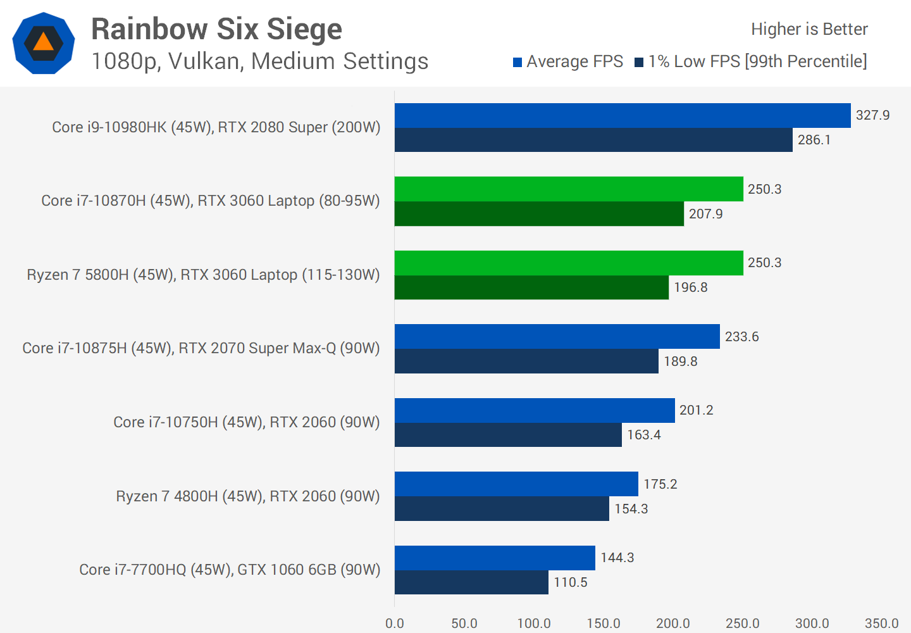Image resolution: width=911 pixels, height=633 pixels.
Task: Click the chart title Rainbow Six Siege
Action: coord(216,29)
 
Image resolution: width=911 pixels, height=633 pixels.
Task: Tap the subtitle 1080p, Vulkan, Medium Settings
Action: coord(259,61)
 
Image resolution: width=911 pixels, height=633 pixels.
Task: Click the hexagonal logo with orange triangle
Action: coord(44,43)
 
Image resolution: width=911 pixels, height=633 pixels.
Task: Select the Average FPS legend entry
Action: coord(567,61)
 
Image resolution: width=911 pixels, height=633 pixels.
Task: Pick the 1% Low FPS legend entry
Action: coord(750,61)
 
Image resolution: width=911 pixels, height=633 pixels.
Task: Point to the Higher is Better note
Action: coord(809,29)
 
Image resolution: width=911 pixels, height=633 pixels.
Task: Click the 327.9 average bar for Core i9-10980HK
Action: coord(623,116)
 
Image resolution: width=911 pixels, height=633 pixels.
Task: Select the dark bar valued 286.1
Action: coord(593,140)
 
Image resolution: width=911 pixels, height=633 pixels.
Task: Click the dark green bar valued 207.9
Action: coord(539,214)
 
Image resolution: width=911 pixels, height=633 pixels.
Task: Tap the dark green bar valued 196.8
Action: coord(531,287)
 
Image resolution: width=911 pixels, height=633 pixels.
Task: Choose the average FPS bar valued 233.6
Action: coord(557,337)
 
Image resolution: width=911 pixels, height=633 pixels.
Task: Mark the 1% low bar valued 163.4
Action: coord(508,435)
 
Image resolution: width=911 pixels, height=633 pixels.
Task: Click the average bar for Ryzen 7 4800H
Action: coord(516,484)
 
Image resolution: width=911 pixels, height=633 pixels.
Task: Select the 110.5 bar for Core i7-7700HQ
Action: coord(471,582)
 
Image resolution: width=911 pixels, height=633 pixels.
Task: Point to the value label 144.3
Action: coord(617,558)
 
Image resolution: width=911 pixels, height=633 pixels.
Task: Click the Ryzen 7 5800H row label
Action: coord(203,275)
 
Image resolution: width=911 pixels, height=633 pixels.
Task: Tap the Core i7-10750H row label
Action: coord(246,422)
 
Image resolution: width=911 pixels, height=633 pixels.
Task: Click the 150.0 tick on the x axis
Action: coord(603,623)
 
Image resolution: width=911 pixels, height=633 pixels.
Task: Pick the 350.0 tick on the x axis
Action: coord(881,623)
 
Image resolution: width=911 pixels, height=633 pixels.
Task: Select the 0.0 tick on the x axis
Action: coord(395,623)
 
